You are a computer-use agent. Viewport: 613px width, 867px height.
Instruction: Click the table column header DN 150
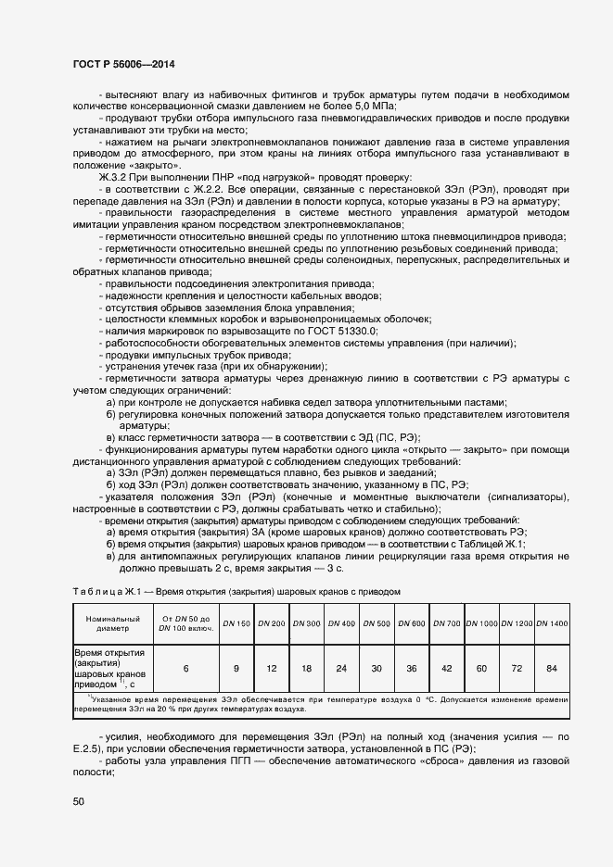tap(236, 622)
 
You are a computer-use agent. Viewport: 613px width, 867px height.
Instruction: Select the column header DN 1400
tap(552, 622)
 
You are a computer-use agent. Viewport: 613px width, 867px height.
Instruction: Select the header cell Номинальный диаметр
tap(112, 622)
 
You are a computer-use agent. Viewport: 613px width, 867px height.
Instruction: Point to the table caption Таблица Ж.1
tap(107, 590)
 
